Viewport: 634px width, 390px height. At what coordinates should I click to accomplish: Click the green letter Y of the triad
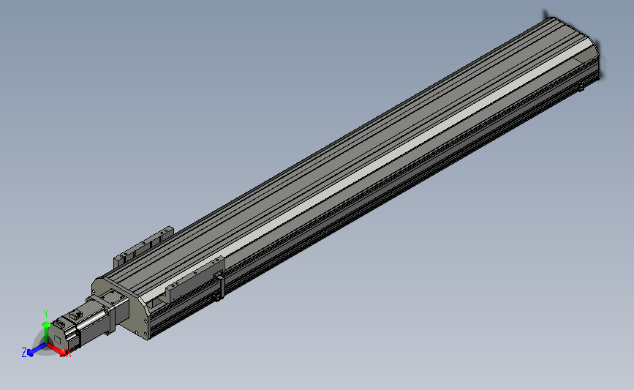point(45,312)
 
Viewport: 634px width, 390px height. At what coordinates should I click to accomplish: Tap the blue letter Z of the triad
point(24,352)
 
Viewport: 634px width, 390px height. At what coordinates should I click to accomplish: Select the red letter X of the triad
point(68,354)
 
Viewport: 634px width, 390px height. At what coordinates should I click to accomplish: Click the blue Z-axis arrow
point(34,351)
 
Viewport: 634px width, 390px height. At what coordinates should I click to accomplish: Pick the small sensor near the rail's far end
point(581,88)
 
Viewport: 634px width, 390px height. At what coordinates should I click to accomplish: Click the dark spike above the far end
point(546,12)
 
